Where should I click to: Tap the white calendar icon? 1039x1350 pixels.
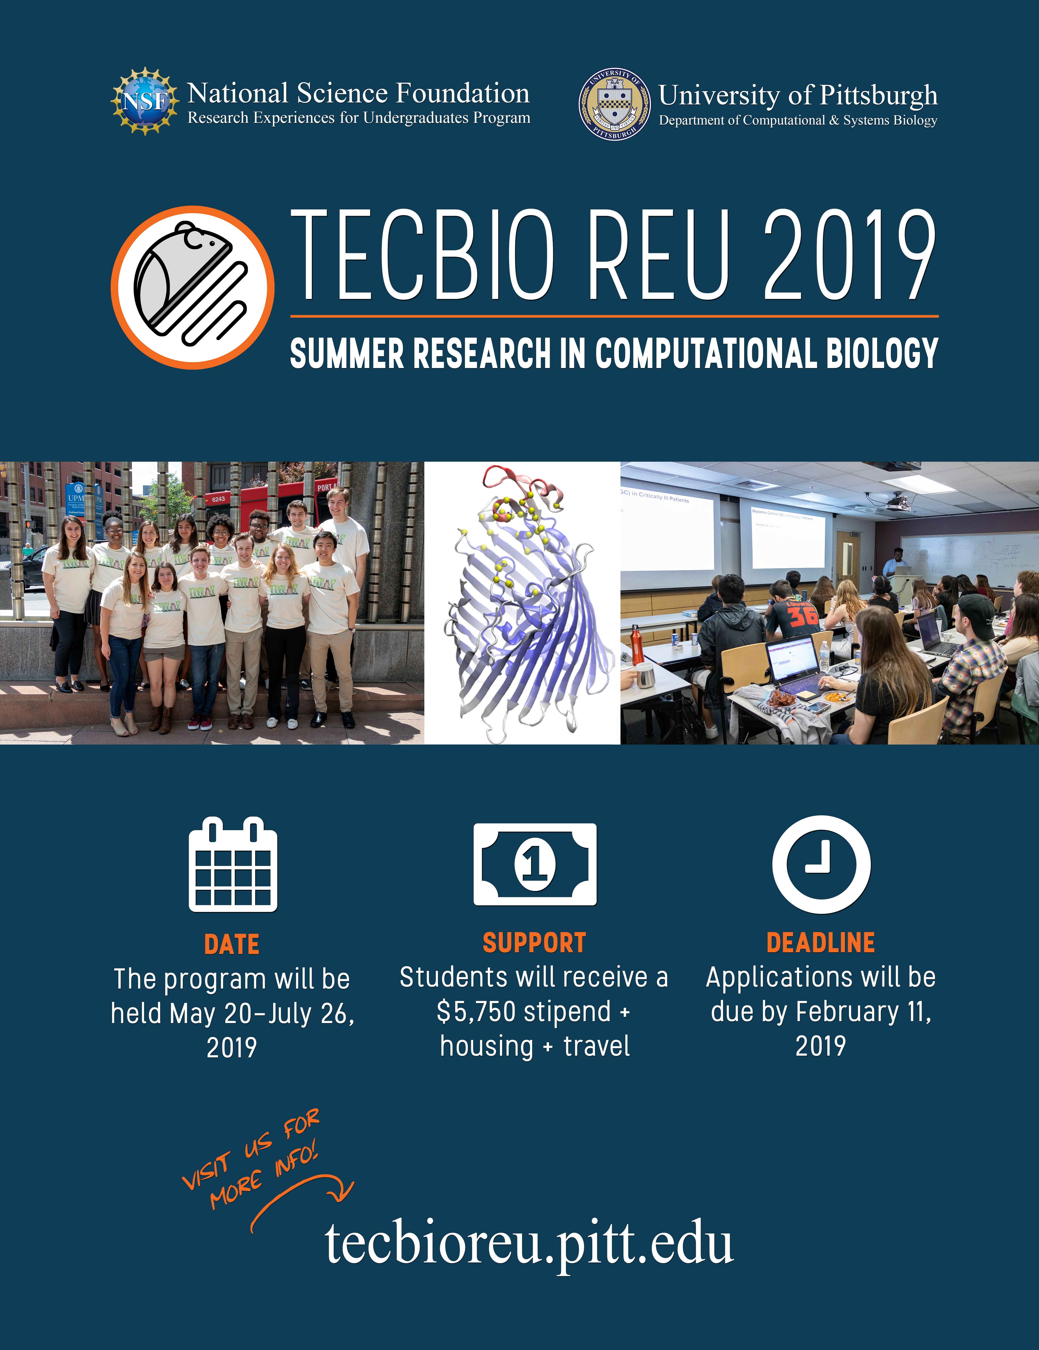pos(233,864)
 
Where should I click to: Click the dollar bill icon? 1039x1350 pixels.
pos(535,864)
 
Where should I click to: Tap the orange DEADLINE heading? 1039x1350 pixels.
pos(821,943)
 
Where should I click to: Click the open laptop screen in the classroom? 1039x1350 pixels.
pos(793,661)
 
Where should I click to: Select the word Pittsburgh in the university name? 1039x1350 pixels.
pos(878,96)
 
